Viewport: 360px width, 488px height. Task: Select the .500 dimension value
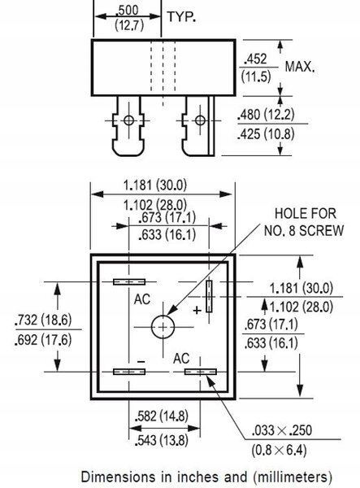coord(127,10)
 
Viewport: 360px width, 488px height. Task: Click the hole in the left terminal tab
coord(129,121)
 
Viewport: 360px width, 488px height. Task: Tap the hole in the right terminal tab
coord(198,121)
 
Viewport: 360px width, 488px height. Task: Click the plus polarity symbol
coord(197,311)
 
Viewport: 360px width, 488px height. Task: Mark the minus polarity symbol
coord(141,359)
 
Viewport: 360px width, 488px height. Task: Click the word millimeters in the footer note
coord(288,475)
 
